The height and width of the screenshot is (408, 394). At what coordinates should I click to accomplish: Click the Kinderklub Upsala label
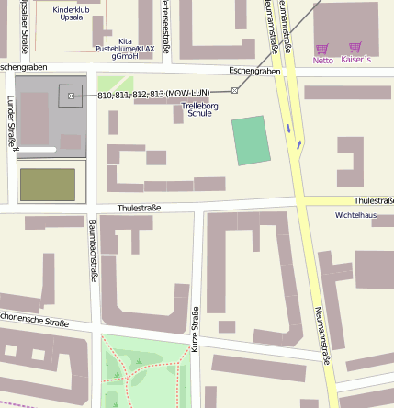click(x=71, y=13)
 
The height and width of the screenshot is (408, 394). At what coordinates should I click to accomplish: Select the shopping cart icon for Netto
click(x=321, y=50)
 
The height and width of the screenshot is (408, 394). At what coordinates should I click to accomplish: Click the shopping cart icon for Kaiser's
click(x=355, y=48)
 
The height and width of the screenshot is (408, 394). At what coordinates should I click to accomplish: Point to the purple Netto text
click(x=322, y=61)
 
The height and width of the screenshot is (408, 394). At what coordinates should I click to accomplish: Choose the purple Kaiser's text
click(x=355, y=60)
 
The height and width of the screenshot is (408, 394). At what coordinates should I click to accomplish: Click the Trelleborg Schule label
click(x=199, y=109)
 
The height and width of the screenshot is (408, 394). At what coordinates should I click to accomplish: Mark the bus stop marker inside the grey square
click(x=71, y=95)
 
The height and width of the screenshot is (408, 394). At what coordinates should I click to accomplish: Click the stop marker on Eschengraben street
click(x=235, y=89)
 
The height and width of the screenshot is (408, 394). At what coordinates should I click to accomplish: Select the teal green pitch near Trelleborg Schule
click(x=250, y=141)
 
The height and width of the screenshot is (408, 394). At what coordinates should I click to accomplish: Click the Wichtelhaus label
click(x=355, y=215)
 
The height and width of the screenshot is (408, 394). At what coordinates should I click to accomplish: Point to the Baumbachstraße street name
click(x=94, y=248)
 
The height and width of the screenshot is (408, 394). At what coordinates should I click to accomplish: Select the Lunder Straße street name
click(x=11, y=121)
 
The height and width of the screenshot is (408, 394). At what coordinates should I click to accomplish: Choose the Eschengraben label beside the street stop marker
click(x=254, y=71)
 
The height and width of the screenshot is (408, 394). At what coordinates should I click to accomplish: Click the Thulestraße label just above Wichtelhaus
click(x=373, y=200)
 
